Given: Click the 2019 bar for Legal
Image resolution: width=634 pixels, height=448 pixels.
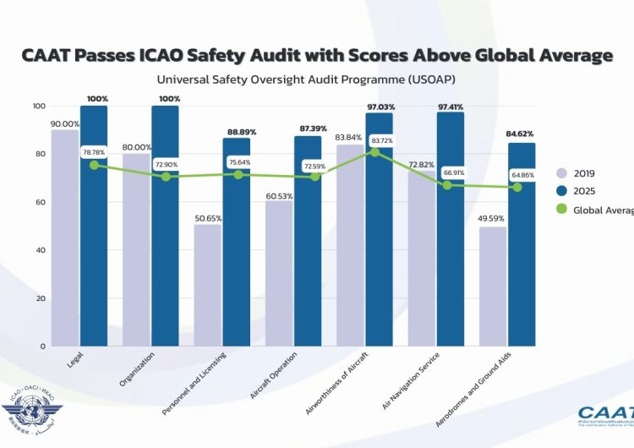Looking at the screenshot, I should coord(65,237).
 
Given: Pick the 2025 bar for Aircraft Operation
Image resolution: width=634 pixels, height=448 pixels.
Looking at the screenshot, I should coord(308,241).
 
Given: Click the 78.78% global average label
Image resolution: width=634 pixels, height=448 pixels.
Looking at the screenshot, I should coord(94,152).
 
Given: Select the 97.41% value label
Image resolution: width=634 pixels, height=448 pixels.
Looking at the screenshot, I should coord(451,107).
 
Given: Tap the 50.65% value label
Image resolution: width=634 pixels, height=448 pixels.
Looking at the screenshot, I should coord(208,218).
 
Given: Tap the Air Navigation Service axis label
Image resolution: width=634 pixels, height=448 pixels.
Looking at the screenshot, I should coord(415,380).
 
